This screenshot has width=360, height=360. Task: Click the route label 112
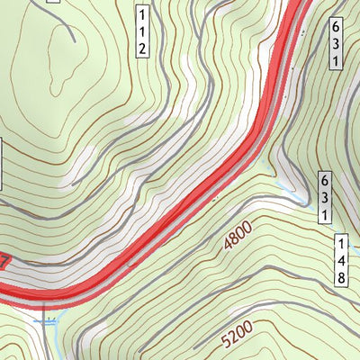click(x=142, y=32)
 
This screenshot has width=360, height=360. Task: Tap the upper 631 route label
click(x=335, y=43)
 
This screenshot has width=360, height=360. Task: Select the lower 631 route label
click(x=324, y=198)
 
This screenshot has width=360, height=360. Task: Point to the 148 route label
click(x=342, y=260)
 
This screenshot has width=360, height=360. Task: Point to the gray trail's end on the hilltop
click(x=72, y=40)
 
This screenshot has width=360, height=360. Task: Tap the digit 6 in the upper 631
click(x=335, y=26)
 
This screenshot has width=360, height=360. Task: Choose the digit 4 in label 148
click(x=342, y=260)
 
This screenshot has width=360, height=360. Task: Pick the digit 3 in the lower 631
click(x=324, y=198)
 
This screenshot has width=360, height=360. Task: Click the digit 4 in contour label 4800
click(x=227, y=244)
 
